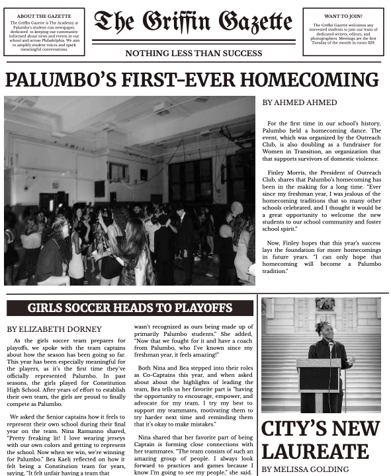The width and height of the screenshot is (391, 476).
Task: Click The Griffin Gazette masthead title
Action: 193,22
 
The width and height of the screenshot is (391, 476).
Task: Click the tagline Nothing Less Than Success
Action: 194,53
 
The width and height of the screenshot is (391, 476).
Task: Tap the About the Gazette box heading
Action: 44,15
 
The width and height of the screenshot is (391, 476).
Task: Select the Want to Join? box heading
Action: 343,15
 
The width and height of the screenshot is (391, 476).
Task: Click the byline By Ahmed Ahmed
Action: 300,102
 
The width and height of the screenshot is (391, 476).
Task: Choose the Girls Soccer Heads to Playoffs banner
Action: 130,308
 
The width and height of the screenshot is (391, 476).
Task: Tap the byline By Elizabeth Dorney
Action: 55,329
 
